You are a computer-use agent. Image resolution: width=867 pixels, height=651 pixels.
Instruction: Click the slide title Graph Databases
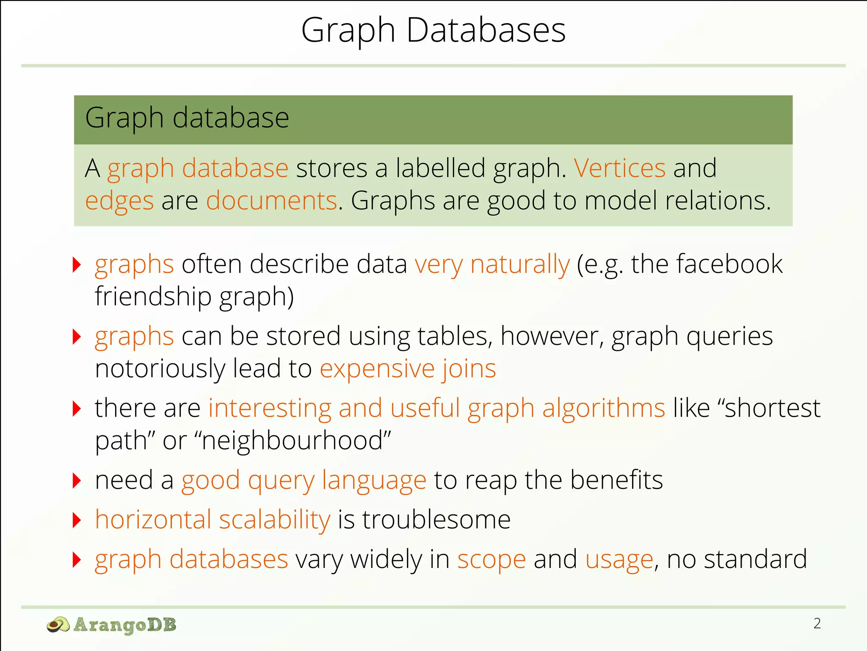click(x=433, y=31)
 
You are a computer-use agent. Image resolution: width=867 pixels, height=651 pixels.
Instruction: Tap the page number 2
click(x=817, y=623)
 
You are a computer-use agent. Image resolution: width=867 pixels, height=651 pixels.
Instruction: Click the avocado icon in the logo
click(x=58, y=625)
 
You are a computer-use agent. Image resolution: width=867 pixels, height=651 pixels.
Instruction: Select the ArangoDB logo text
click(x=125, y=625)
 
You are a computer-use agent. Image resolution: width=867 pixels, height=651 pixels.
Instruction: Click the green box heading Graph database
click(x=187, y=118)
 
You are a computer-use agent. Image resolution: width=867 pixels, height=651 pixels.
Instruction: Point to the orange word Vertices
click(x=620, y=168)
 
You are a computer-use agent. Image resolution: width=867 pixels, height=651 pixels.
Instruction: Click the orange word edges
click(x=119, y=200)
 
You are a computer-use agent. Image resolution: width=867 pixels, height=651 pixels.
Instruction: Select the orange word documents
click(x=271, y=200)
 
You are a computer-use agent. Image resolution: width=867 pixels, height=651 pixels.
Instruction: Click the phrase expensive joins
click(x=408, y=368)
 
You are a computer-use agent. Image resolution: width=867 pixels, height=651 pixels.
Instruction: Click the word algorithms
click(x=603, y=408)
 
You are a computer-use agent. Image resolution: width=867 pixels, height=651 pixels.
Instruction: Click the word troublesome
click(x=436, y=520)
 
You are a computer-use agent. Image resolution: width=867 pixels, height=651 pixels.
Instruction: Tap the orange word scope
click(x=491, y=559)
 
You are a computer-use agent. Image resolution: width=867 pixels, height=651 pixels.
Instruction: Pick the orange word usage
click(x=619, y=559)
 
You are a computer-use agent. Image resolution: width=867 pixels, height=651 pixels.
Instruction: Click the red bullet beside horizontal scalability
click(x=77, y=520)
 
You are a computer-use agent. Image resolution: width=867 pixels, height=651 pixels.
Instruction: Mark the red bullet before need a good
click(x=77, y=481)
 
